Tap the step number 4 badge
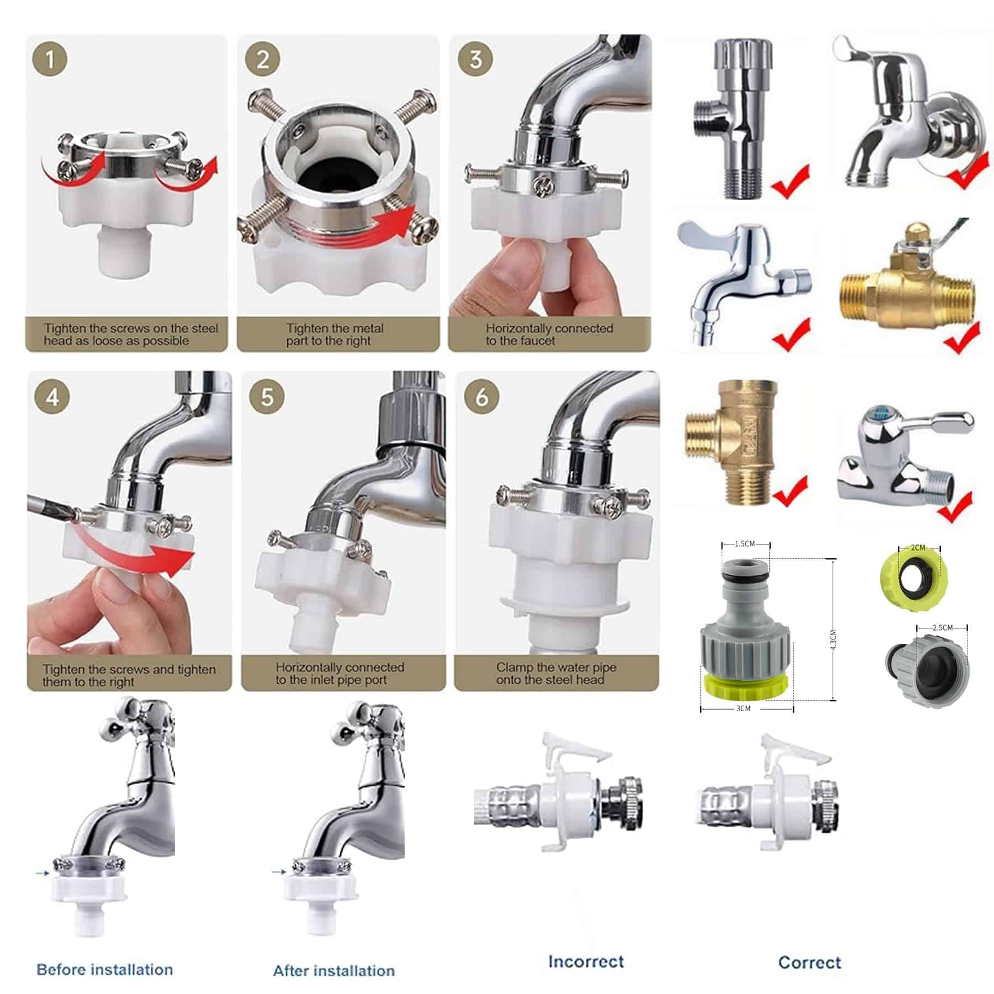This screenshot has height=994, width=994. click(52, 397)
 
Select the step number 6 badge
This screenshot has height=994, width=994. click(482, 397)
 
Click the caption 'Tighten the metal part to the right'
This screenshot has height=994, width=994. click(335, 335)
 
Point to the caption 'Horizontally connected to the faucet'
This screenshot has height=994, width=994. click(549, 335)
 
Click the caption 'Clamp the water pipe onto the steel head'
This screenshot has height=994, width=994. click(556, 674)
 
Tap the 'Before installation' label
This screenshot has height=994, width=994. click(104, 970)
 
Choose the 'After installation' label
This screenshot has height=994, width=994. click(334, 971)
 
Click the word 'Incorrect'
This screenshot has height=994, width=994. click(586, 961)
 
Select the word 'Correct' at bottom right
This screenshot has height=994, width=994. click(810, 963)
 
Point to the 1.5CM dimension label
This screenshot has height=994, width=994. click(744, 544)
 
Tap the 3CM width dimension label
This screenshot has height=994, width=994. click(743, 709)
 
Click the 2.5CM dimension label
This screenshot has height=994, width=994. click(943, 628)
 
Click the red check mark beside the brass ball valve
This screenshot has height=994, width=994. click(961, 337)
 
